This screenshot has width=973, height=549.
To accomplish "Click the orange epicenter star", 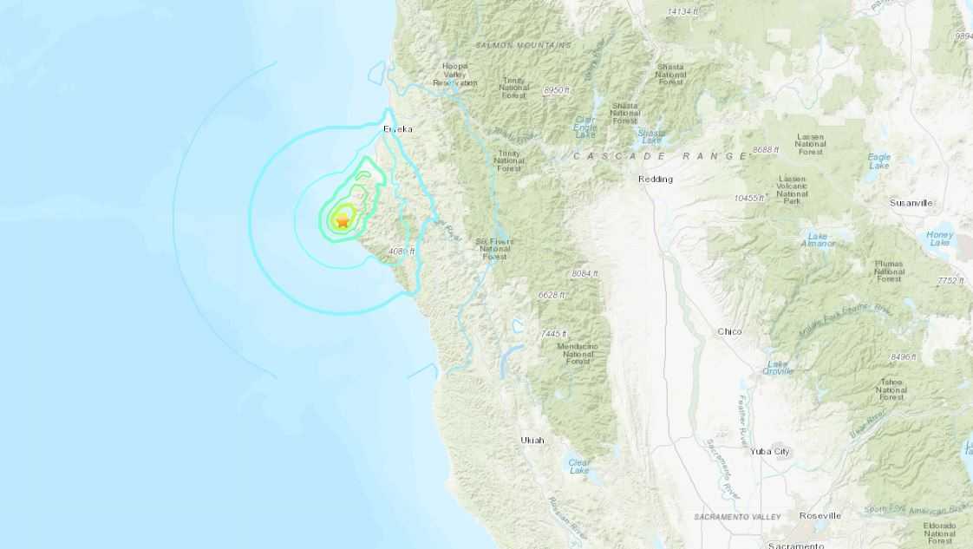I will coord(343,221).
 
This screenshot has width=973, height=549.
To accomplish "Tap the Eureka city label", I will coord(398,129).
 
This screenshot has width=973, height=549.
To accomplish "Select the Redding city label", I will coord(655,180).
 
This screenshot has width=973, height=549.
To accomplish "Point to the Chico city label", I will coord(729,332).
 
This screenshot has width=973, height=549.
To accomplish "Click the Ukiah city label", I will coord(532,441).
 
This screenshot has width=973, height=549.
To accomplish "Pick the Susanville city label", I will coord(911,202).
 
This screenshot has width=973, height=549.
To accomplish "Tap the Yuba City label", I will coord(770,452).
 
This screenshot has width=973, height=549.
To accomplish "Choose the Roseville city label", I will coord(820,515).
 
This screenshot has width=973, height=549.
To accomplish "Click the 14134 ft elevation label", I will coord(682,11).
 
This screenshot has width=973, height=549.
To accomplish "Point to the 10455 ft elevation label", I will coord(749,199).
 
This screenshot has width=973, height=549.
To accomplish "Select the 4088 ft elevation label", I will coord(402,252).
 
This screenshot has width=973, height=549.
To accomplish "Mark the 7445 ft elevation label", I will coord(553,334).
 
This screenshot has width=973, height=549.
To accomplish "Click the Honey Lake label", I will coord(939,239).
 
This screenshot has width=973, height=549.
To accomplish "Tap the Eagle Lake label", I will coord(878,160).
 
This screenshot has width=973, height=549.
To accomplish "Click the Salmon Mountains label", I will coord(523,44).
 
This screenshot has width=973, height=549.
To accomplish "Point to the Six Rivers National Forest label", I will coord(494,249).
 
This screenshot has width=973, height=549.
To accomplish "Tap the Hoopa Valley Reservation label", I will coord(455,74).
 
